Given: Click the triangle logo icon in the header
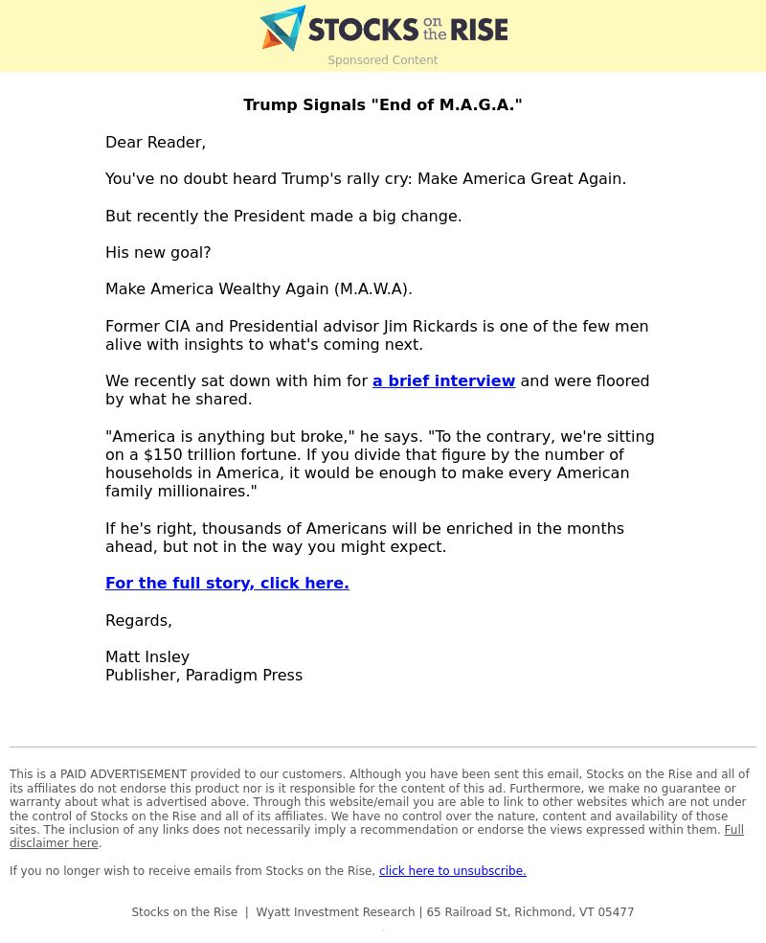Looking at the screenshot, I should pos(282,28).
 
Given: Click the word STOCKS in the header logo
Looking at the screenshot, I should pos(364,30).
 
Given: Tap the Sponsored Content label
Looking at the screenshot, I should pos(383,60).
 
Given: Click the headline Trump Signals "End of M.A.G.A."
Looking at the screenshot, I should pos(383,105).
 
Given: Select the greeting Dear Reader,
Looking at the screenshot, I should pos(155,143).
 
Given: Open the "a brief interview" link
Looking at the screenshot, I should pos(443,381).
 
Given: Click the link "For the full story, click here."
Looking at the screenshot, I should pos(227,584).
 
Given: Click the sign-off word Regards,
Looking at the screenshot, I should pos(139,621).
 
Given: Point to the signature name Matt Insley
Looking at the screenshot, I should pos(147,657).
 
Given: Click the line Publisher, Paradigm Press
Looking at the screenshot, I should pos(204,676).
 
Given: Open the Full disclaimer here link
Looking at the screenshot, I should pos(733,830).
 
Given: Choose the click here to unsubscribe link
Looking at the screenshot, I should pos(452,871).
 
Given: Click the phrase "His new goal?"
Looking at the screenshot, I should pos(158,253).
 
